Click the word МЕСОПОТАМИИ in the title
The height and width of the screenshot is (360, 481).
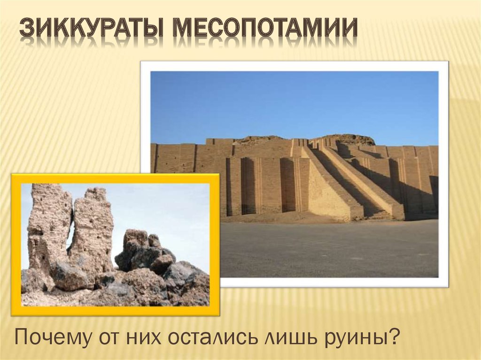(x=265, y=29)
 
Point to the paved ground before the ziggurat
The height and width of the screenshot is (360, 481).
(x=329, y=249)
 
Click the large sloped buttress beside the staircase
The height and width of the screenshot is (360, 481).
(x=329, y=188)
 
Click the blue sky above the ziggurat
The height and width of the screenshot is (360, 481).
(x=291, y=103)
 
